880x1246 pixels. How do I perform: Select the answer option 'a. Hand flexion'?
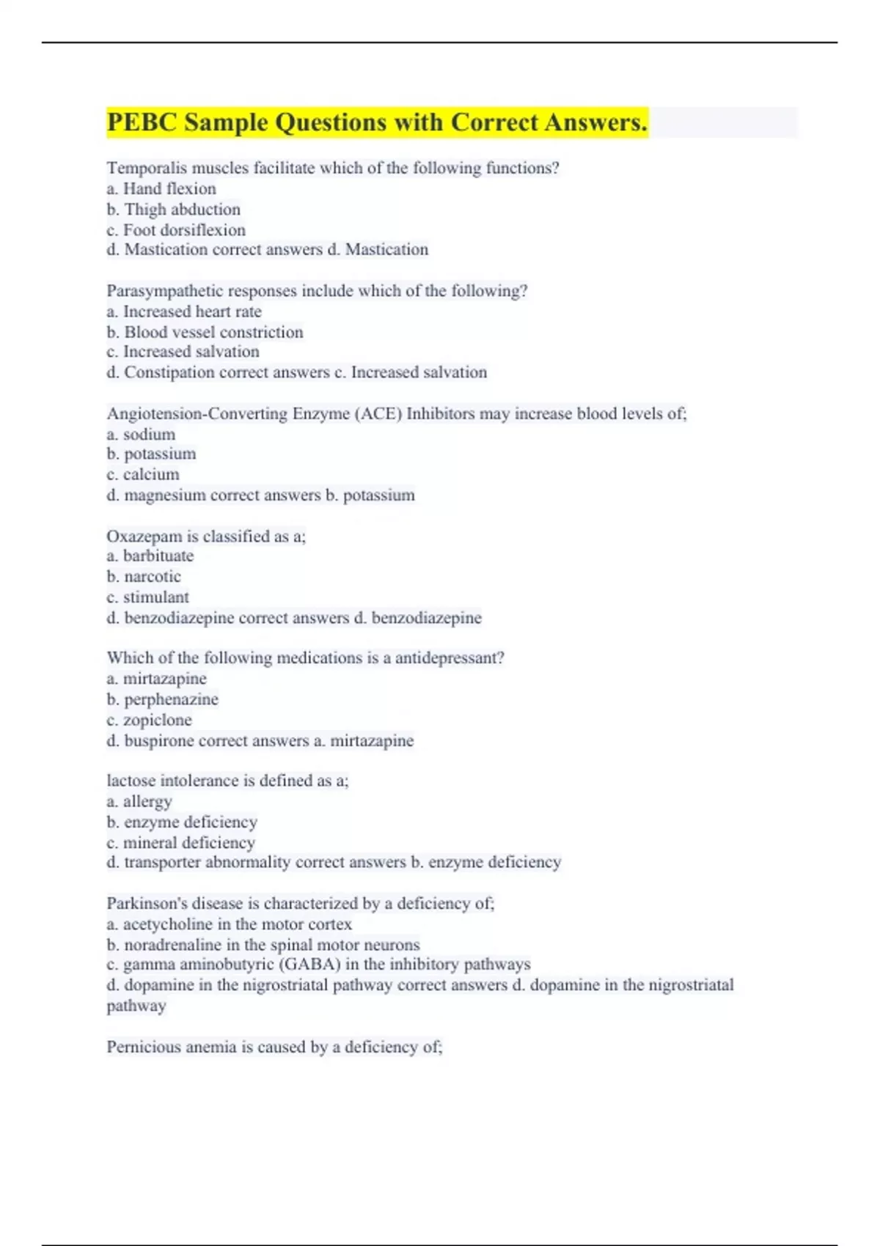(x=161, y=189)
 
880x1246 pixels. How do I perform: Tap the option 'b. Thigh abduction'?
(x=174, y=210)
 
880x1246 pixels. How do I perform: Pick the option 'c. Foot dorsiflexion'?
(x=176, y=230)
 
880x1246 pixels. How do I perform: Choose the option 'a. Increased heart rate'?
(x=184, y=311)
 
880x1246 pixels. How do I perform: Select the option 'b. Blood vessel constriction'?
(x=205, y=332)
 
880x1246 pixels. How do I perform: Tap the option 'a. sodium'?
(x=141, y=435)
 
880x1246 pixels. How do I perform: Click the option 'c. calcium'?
(x=143, y=475)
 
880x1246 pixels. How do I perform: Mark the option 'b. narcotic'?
(x=144, y=577)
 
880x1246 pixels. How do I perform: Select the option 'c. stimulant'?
(x=147, y=597)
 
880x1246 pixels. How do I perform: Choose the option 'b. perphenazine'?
(x=163, y=699)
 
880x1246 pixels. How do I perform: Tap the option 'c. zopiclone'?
(x=149, y=720)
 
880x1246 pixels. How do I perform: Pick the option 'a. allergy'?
(x=139, y=802)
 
